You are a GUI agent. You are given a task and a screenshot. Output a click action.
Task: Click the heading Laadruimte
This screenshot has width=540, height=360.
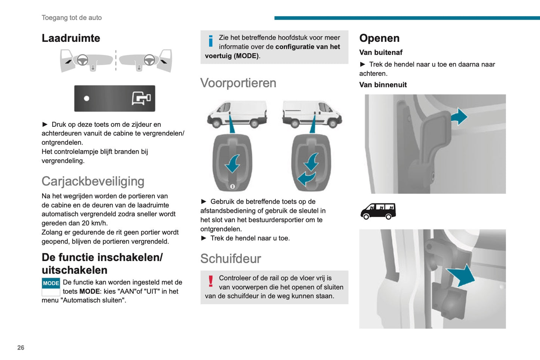click(71, 38)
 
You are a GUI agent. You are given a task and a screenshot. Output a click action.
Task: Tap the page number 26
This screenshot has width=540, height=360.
click(21, 348)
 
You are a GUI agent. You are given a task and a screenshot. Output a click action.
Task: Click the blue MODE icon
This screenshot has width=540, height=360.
click(51, 283)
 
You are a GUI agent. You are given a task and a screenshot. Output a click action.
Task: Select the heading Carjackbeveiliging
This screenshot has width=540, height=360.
click(93, 181)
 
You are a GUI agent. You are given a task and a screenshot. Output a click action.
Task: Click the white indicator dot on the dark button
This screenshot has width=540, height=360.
click(87, 98)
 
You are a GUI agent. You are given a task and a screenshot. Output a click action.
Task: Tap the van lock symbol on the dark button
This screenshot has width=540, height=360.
click(141, 98)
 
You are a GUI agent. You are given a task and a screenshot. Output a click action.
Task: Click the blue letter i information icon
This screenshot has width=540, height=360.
click(211, 41)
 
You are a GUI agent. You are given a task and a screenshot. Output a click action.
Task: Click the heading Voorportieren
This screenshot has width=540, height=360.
click(238, 83)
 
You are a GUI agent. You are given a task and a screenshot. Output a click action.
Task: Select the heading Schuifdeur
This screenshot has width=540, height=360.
click(231, 259)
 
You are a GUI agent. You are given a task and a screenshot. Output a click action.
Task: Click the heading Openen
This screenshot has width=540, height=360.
click(379, 38)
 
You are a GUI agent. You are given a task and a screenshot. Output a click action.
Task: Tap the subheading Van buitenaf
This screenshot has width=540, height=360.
click(381, 53)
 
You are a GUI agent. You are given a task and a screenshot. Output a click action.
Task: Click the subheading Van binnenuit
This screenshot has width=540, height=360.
click(383, 85)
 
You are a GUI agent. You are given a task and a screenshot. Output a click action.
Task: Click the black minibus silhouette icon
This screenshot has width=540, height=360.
click(378, 211)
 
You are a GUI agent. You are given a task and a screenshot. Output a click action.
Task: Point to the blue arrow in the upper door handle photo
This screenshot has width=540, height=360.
click(459, 117)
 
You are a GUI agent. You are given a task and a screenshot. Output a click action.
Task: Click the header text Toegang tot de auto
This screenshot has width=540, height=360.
click(72, 18)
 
